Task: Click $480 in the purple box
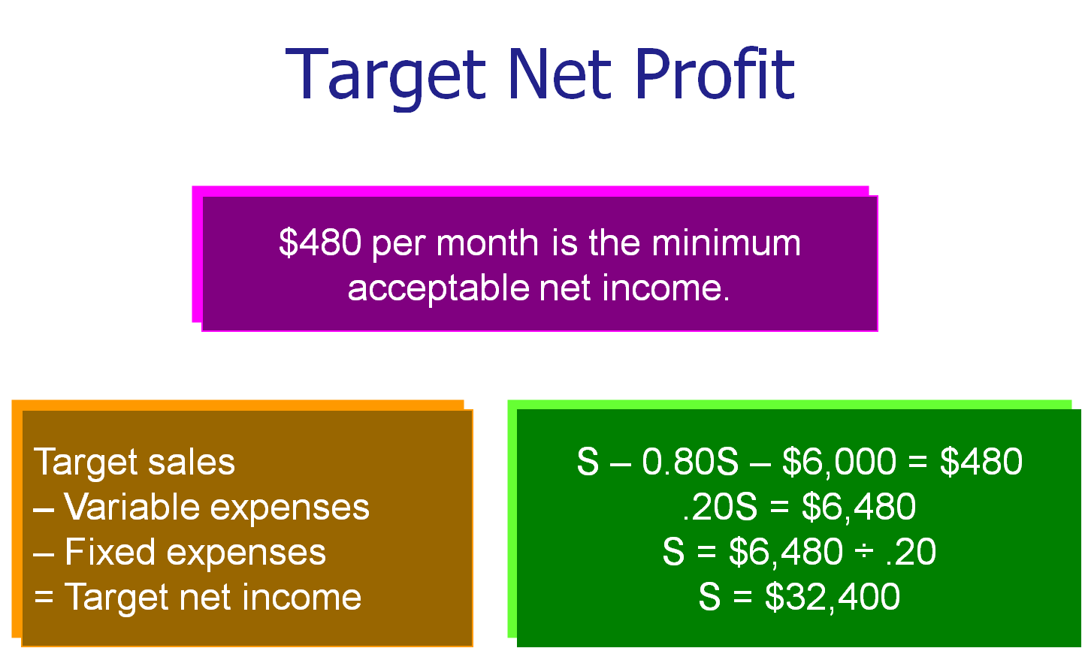coord(320,243)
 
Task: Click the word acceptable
coord(439,289)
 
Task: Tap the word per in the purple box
coord(399,246)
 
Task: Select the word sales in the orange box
coord(192,462)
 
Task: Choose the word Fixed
coord(110,552)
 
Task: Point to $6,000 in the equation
coord(839,462)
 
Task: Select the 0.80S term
coord(691,461)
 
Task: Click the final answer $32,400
coord(833,598)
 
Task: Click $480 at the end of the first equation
coord(981,461)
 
